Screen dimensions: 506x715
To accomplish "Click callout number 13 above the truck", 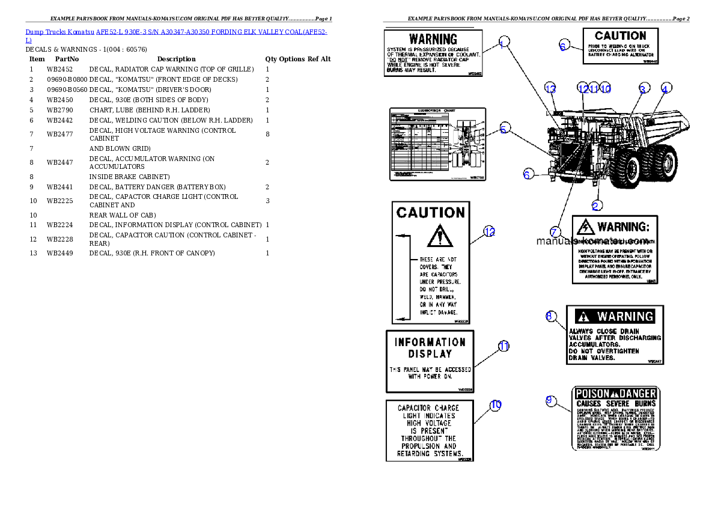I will coord(551,88).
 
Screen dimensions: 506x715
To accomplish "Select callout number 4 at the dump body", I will coord(665,88).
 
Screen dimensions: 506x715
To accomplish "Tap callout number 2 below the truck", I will coord(596,206).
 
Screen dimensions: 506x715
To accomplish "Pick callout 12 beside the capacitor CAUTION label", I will coord(490,231).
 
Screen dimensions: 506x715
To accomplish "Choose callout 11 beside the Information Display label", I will coord(504,346).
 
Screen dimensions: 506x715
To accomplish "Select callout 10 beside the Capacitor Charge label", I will coord(496,405).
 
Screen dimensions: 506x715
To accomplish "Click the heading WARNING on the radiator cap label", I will coord(433,40).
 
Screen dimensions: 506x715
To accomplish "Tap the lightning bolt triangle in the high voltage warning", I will coord(585,227).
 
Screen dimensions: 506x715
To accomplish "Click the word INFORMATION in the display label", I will coord(430,342).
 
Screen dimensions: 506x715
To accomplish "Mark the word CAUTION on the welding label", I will coord(620,36).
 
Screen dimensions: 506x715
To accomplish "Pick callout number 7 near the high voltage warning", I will coord(555,231).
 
